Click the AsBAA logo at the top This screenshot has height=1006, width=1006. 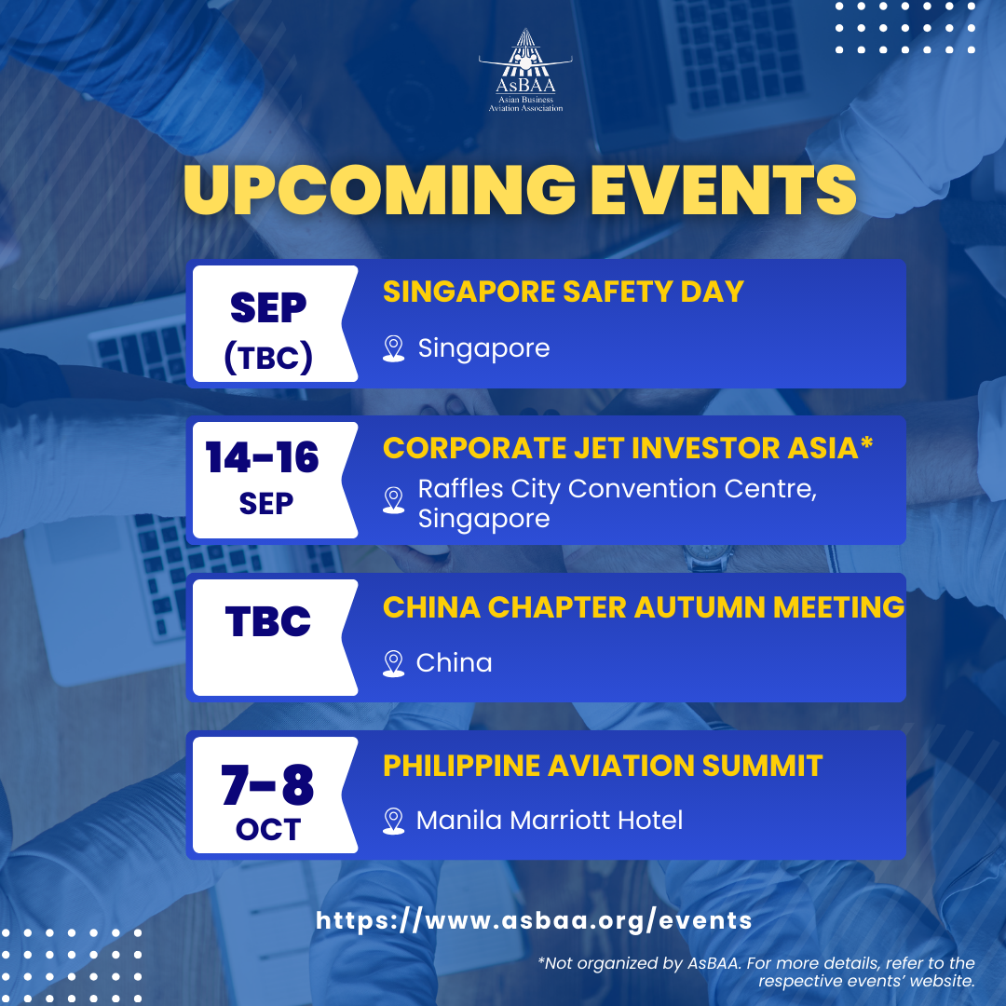click(x=525, y=71)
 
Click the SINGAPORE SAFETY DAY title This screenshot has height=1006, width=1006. click(x=564, y=292)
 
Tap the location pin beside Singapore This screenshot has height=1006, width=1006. click(x=393, y=348)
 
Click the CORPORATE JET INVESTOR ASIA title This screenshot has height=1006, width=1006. click(x=628, y=448)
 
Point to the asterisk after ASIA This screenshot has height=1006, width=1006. click(x=867, y=442)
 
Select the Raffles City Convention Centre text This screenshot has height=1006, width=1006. click(x=618, y=503)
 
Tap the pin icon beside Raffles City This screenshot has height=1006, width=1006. click(x=393, y=500)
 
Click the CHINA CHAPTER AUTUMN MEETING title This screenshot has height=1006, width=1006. click(x=644, y=607)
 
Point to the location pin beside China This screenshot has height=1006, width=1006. click(x=393, y=663)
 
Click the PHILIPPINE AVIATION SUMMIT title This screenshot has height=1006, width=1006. click(x=603, y=766)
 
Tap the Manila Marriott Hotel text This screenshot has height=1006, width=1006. click(x=550, y=821)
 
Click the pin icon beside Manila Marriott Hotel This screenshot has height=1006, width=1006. click(x=393, y=821)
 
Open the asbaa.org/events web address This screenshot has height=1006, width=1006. click(x=534, y=920)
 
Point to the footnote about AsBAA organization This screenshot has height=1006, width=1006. click(x=756, y=972)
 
